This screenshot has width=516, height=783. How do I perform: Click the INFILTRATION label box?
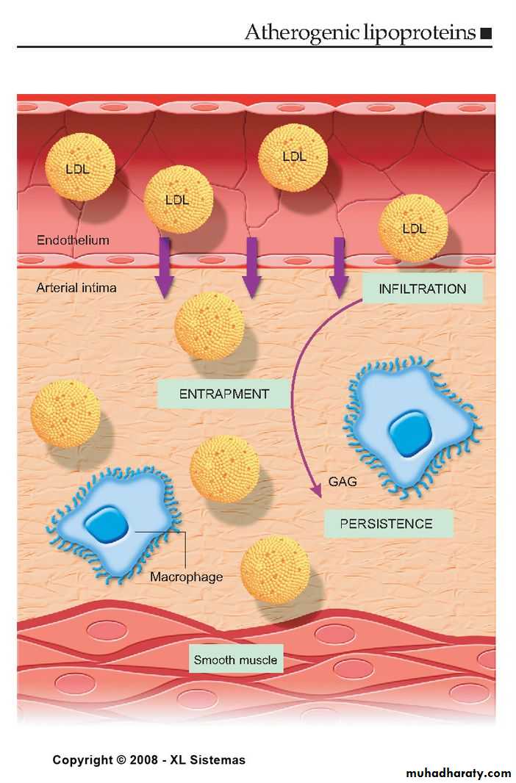[422, 289]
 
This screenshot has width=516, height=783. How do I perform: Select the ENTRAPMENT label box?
[224, 394]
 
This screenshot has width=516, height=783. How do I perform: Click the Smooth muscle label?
[235, 660]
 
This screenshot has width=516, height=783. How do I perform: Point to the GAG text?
[343, 483]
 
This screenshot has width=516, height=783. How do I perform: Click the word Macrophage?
[186, 577]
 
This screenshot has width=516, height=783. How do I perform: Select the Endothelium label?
[73, 240]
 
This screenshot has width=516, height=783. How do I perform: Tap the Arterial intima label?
[76, 287]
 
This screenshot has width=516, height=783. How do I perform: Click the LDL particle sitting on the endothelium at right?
[413, 228]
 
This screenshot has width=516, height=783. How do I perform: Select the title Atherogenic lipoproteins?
[359, 33]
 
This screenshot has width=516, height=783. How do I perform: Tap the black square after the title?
[486, 34]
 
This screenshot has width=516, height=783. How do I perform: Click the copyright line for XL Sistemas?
[148, 759]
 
